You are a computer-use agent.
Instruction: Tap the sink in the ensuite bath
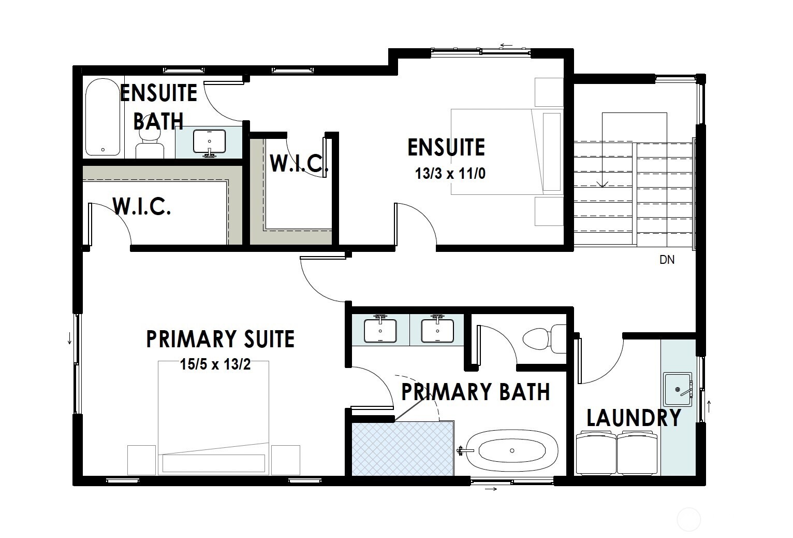point(209,141)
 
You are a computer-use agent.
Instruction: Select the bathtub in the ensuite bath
point(102,117)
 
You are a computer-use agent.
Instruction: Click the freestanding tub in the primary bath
point(511,450)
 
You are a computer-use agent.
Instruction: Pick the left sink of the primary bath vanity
point(380,330)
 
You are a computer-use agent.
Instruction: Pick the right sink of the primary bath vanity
point(437,330)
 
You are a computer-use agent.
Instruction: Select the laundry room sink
point(678,389)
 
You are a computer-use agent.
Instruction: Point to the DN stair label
point(667,260)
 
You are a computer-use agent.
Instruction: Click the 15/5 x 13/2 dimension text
point(215,365)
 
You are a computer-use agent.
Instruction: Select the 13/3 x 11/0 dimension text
point(450,174)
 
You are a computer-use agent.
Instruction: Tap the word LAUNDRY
point(634,418)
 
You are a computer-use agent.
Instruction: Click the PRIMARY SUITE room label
point(221,339)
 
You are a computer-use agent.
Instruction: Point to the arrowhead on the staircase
point(601,184)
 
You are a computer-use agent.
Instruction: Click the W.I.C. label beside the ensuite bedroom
point(299,163)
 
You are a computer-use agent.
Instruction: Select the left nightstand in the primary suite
point(141,460)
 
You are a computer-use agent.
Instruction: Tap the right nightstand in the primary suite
point(285,460)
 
